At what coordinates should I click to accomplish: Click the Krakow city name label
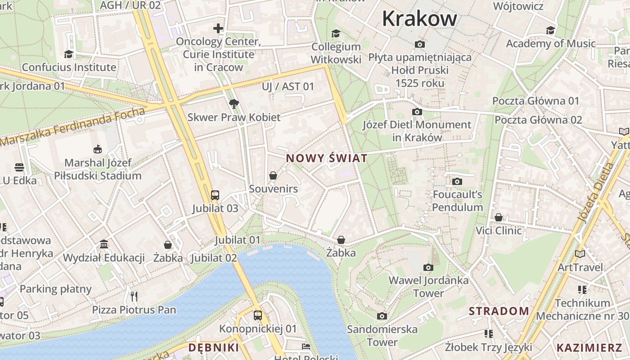pos(419,19)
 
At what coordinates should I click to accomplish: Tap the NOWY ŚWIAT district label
pos(327,158)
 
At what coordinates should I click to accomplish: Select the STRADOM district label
pos(499,311)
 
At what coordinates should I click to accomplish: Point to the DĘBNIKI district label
pos(213,347)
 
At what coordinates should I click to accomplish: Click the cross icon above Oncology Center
pos(218,28)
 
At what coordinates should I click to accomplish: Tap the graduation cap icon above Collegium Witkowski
pos(336,34)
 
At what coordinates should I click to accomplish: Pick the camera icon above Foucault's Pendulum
pos(457,181)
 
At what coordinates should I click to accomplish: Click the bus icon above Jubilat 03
pos(215,195)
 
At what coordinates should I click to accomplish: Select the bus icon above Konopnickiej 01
pos(258,315)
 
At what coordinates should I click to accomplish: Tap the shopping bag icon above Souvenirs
pos(273,175)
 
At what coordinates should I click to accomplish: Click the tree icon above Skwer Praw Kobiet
pos(234,104)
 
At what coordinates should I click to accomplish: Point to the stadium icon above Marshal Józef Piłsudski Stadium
pos(97,149)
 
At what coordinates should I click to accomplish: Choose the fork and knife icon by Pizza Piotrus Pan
pos(134,296)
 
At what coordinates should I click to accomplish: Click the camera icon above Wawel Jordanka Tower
pos(428,267)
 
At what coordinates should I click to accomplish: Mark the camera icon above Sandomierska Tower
pos(382,316)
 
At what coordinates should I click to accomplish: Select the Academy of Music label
pos(551,44)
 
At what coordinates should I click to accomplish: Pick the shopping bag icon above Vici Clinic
pos(499,218)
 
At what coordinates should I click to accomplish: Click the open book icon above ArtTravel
pos(580,254)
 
